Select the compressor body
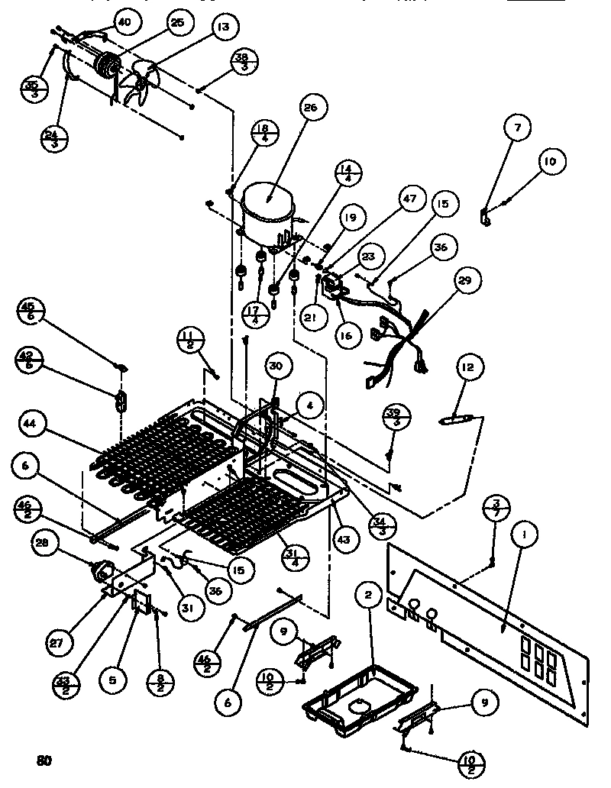[x=265, y=204]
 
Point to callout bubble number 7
[x=517, y=129]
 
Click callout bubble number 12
[x=468, y=368]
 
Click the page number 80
[x=44, y=761]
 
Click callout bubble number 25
[x=177, y=24]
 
